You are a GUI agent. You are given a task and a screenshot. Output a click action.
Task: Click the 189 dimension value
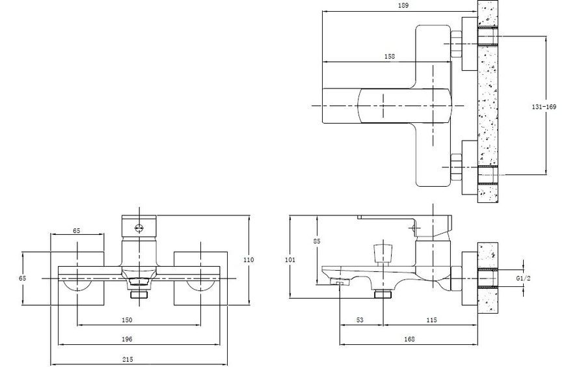pyautogui.click(x=403, y=5)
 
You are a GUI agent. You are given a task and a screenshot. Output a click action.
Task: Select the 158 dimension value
pyautogui.click(x=390, y=57)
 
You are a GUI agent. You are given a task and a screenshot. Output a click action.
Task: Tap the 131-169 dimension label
pyautogui.click(x=544, y=107)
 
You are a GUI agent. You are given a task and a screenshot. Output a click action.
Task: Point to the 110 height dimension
pyautogui.click(x=249, y=260)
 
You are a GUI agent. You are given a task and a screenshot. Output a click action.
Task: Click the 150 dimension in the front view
pyautogui.click(x=127, y=319)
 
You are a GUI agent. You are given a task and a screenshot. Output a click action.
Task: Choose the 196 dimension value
pyautogui.click(x=127, y=339)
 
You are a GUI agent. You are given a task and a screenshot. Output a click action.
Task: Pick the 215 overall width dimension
pyautogui.click(x=128, y=359)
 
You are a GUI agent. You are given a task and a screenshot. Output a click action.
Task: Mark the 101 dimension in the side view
pyautogui.click(x=290, y=260)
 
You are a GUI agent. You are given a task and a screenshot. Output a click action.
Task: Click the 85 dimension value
pyautogui.click(x=317, y=241)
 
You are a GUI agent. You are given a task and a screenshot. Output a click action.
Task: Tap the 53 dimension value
pyautogui.click(x=360, y=319)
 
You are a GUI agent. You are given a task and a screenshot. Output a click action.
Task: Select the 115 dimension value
pyautogui.click(x=431, y=319)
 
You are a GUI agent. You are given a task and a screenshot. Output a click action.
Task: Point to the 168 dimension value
pyautogui.click(x=409, y=339)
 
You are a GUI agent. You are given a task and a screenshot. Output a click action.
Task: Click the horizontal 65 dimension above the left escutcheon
pyautogui.click(x=77, y=230)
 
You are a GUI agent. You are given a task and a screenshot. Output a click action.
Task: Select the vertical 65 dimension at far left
pyautogui.click(x=22, y=278)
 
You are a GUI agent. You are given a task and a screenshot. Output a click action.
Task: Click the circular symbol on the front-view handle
pyautogui.click(x=139, y=228)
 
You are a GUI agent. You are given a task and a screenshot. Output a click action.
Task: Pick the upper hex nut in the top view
pyautogui.click(x=457, y=44)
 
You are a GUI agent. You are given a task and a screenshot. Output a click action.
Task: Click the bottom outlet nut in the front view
pyautogui.click(x=139, y=294)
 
